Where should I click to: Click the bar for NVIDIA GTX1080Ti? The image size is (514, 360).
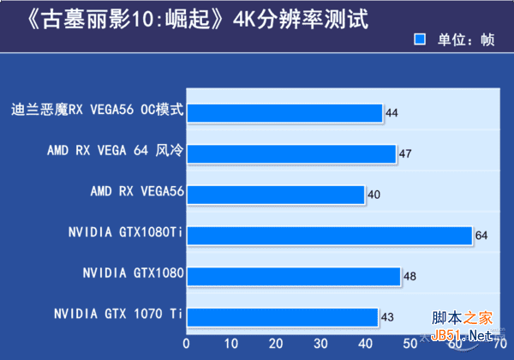point(330,236)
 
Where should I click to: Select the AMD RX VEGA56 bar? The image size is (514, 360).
point(276,195)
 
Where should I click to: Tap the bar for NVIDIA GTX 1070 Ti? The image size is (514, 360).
point(283,317)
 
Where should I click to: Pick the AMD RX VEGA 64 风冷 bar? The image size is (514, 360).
point(291,153)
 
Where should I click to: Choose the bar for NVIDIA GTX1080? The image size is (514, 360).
point(294,276)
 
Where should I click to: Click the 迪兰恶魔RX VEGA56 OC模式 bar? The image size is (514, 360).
point(284,112)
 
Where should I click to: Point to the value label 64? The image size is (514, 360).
point(481,236)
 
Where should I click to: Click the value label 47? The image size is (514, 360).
point(405,154)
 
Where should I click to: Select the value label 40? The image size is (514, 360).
point(374,195)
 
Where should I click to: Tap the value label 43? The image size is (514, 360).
point(387,318)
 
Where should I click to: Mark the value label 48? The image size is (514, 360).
point(409,277)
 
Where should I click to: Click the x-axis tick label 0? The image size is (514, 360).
point(187,344)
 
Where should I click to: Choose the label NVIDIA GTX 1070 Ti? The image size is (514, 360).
point(118,314)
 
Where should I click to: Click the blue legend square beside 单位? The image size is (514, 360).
point(420,39)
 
